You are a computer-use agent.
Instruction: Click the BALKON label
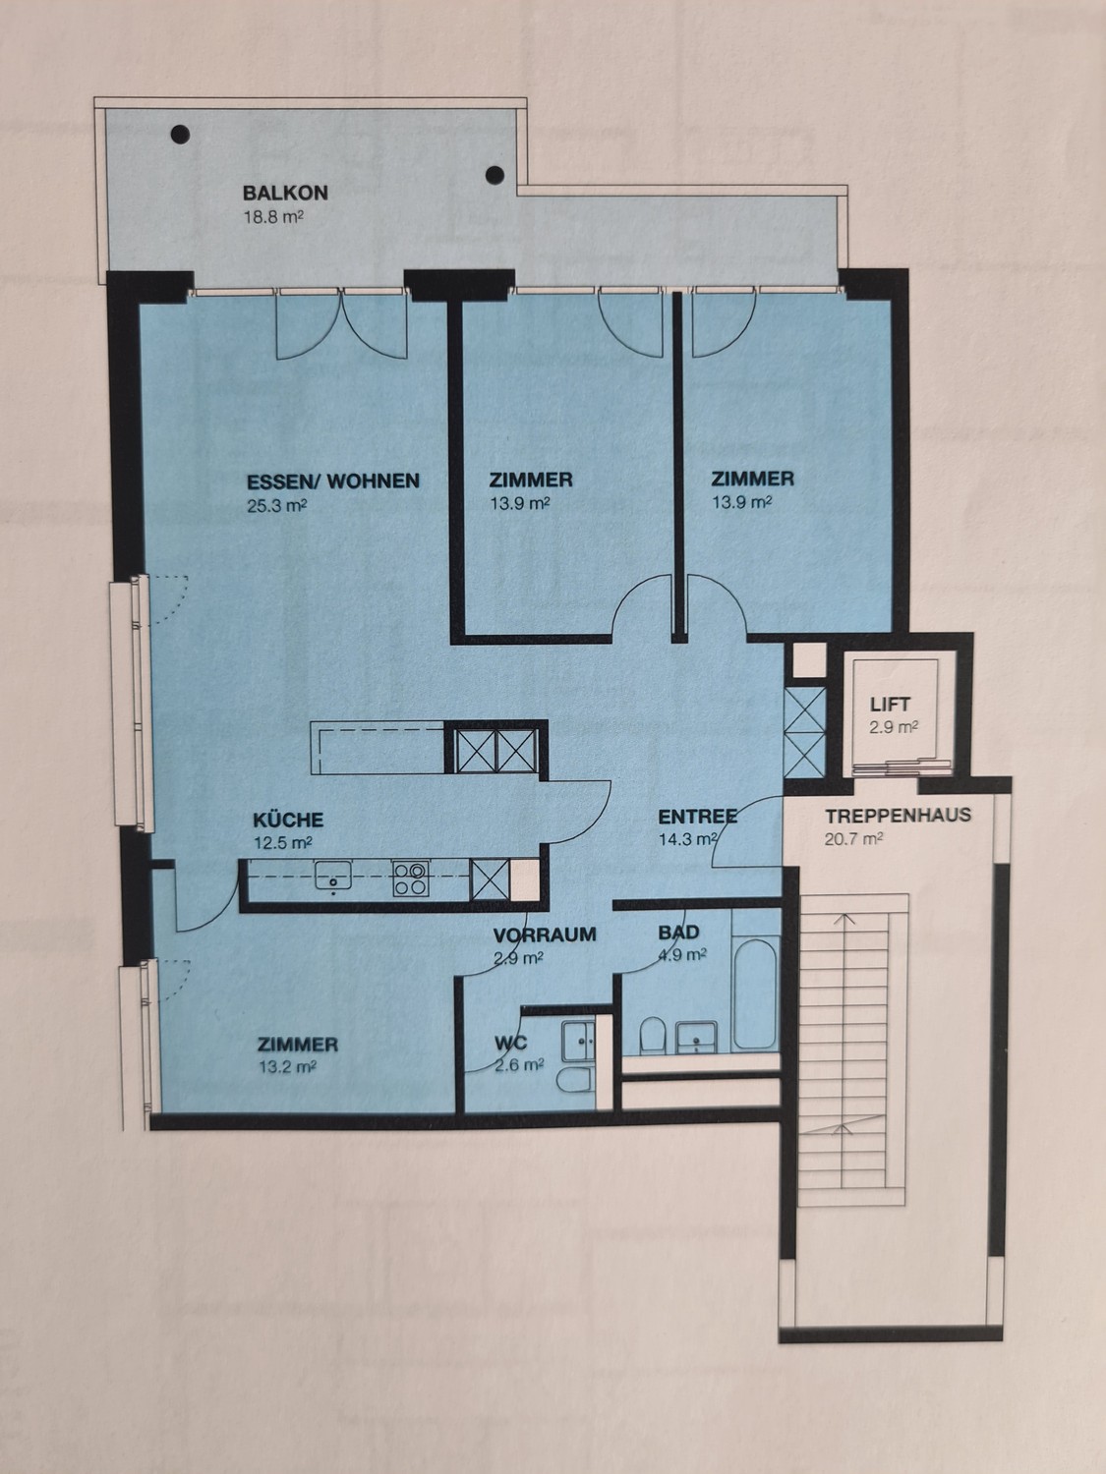(285, 193)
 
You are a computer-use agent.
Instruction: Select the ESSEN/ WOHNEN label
(333, 481)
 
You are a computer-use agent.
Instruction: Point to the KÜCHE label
(288, 820)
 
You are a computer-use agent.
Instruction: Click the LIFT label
(890, 705)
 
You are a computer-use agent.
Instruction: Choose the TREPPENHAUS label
(898, 816)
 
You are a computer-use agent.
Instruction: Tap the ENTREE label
(698, 817)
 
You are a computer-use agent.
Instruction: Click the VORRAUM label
(545, 935)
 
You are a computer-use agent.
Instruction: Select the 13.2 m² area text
(288, 1066)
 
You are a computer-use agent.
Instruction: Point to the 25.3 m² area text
(276, 505)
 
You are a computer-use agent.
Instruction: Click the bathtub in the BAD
(755, 994)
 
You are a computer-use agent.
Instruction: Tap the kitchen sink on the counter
(333, 878)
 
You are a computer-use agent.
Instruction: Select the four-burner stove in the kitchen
(410, 879)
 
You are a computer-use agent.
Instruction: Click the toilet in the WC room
(574, 1079)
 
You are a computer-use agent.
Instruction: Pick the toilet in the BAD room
(652, 1036)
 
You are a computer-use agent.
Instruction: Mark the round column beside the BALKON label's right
(495, 175)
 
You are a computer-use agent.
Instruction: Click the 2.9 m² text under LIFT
(893, 727)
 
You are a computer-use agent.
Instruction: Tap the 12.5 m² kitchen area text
(283, 843)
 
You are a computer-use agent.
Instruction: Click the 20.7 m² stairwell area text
(853, 839)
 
